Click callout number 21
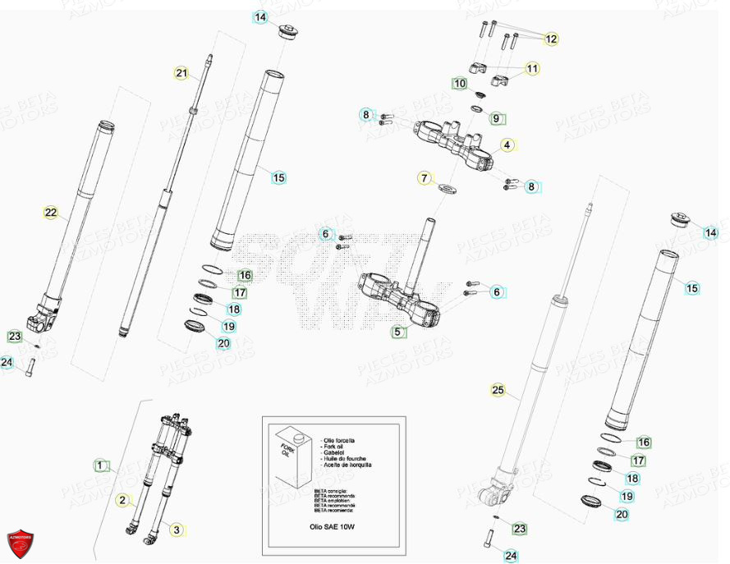[x=181, y=74]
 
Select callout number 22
[x=51, y=213]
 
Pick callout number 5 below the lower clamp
[x=398, y=332]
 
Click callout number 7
[x=425, y=178]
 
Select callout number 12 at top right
[x=550, y=39]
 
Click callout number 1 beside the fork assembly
[x=100, y=465]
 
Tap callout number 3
[x=176, y=530]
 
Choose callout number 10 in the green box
[x=460, y=84]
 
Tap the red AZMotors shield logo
[x=20, y=543]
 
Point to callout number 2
[x=122, y=500]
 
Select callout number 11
[x=533, y=69]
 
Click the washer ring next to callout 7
[x=448, y=190]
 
